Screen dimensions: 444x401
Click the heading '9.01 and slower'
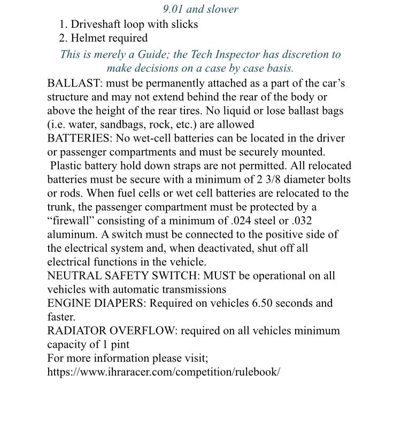pyautogui.click(x=200, y=9)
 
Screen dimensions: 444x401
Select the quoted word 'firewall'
pyautogui.click(x=71, y=221)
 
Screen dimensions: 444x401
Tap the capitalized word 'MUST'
pyautogui.click(x=220, y=276)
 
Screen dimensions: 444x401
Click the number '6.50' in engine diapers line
pyautogui.click(x=263, y=303)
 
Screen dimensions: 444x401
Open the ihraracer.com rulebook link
pyautogui.click(x=163, y=372)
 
